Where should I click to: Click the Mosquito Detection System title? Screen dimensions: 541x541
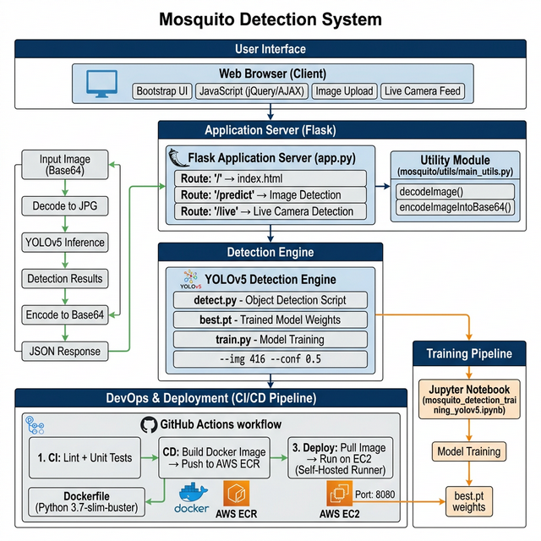(270, 19)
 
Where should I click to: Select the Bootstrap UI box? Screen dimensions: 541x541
(162, 91)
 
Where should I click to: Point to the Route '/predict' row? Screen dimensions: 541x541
(267, 195)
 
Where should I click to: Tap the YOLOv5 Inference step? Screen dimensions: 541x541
(65, 243)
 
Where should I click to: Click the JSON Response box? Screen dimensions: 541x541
(65, 351)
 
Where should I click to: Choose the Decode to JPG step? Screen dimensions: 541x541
(65, 206)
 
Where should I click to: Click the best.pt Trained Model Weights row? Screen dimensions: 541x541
(270, 320)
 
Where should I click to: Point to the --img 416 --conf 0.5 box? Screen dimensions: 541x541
(270, 358)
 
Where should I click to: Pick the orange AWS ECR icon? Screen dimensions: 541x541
(238, 492)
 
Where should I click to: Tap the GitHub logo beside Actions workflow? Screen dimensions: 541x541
(149, 424)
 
